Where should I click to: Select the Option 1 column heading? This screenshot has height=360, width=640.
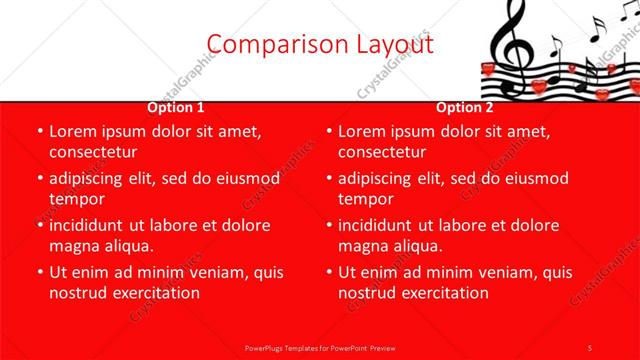pos(176,107)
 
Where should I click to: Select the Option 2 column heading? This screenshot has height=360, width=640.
pos(465,107)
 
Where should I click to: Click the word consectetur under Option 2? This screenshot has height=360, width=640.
pos(382,152)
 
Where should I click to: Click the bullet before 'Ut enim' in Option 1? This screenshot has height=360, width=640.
pos(39,272)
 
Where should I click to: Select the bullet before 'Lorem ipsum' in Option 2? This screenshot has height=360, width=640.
pos(328,131)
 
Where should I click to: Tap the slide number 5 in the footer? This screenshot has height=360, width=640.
pos(590,346)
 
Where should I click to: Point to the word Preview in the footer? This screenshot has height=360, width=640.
pos(384,346)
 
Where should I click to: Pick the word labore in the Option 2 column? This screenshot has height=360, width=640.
pos(465,225)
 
